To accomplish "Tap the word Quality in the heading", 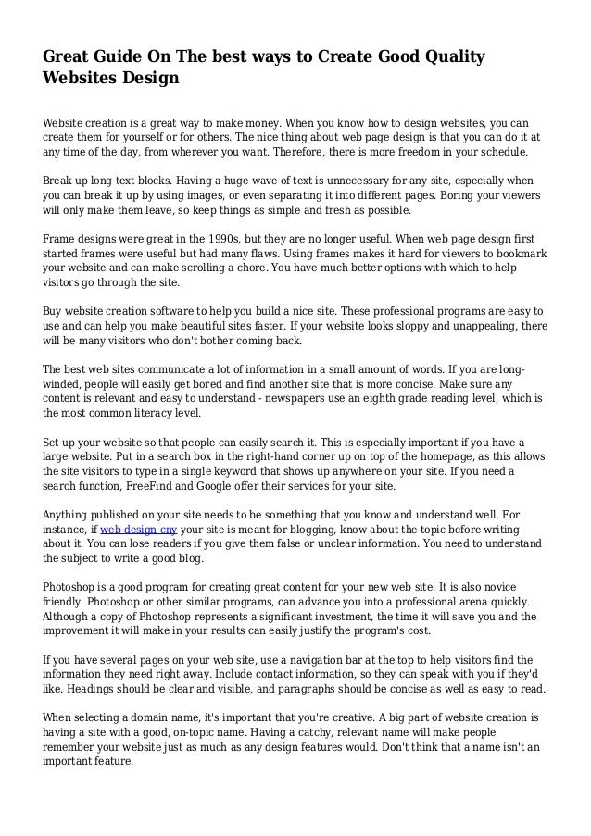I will click(x=450, y=57).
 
